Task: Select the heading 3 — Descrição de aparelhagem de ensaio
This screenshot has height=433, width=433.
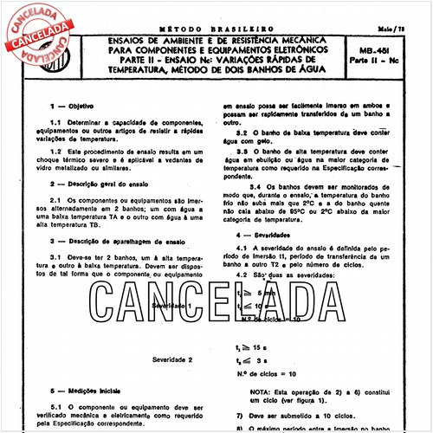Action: pyautogui.click(x=122, y=241)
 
